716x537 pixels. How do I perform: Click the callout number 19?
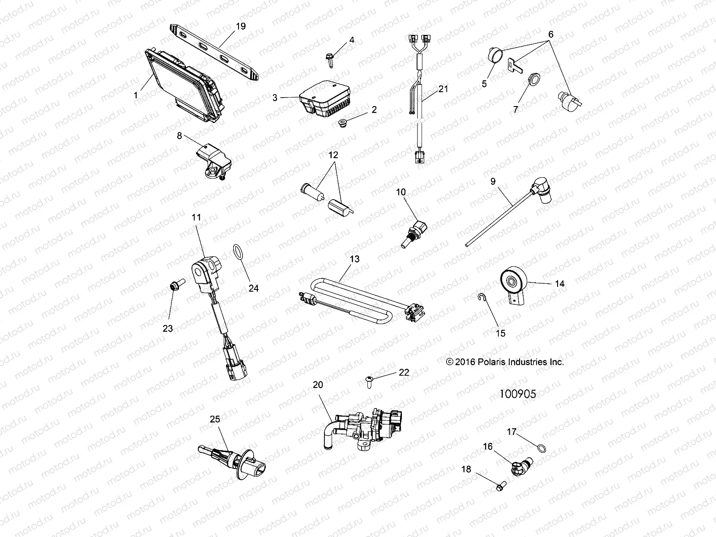[x=240, y=26]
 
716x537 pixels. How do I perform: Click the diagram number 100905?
[x=518, y=393]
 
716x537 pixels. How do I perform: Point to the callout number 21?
[x=443, y=89]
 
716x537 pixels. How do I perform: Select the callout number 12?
[x=333, y=155]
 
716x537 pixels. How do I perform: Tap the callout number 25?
[x=215, y=419]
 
